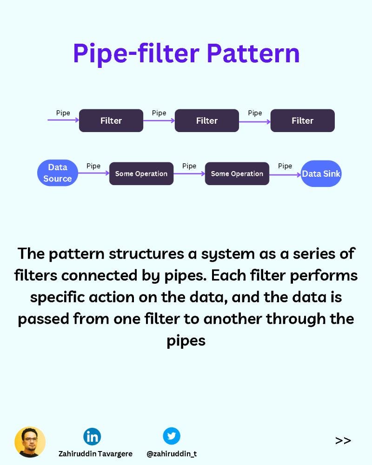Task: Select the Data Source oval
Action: [x=58, y=173]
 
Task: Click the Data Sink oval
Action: [x=321, y=174]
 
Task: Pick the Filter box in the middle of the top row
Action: [x=207, y=120]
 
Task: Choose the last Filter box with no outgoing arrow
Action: [x=302, y=120]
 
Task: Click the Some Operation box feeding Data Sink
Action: [x=237, y=173]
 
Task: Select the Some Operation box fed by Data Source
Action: [x=141, y=173]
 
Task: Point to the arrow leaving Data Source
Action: [x=93, y=173]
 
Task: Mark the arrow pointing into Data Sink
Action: [x=285, y=175]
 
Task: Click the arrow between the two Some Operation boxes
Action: [x=189, y=173]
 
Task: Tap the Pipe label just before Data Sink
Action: [x=285, y=166]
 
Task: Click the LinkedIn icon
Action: [x=92, y=436]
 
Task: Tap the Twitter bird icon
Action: [x=171, y=436]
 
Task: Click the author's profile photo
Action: [x=30, y=442]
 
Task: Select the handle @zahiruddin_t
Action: [x=172, y=453]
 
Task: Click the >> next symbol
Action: [x=343, y=440]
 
